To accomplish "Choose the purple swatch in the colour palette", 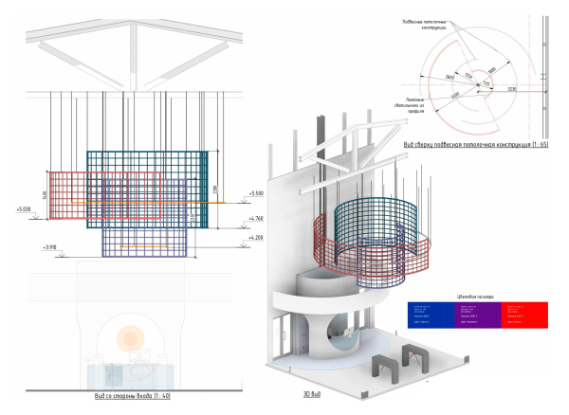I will [477, 314].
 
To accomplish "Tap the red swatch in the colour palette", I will [523, 314].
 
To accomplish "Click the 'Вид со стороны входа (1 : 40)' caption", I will [125, 394].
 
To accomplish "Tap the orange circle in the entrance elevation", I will [126, 335].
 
